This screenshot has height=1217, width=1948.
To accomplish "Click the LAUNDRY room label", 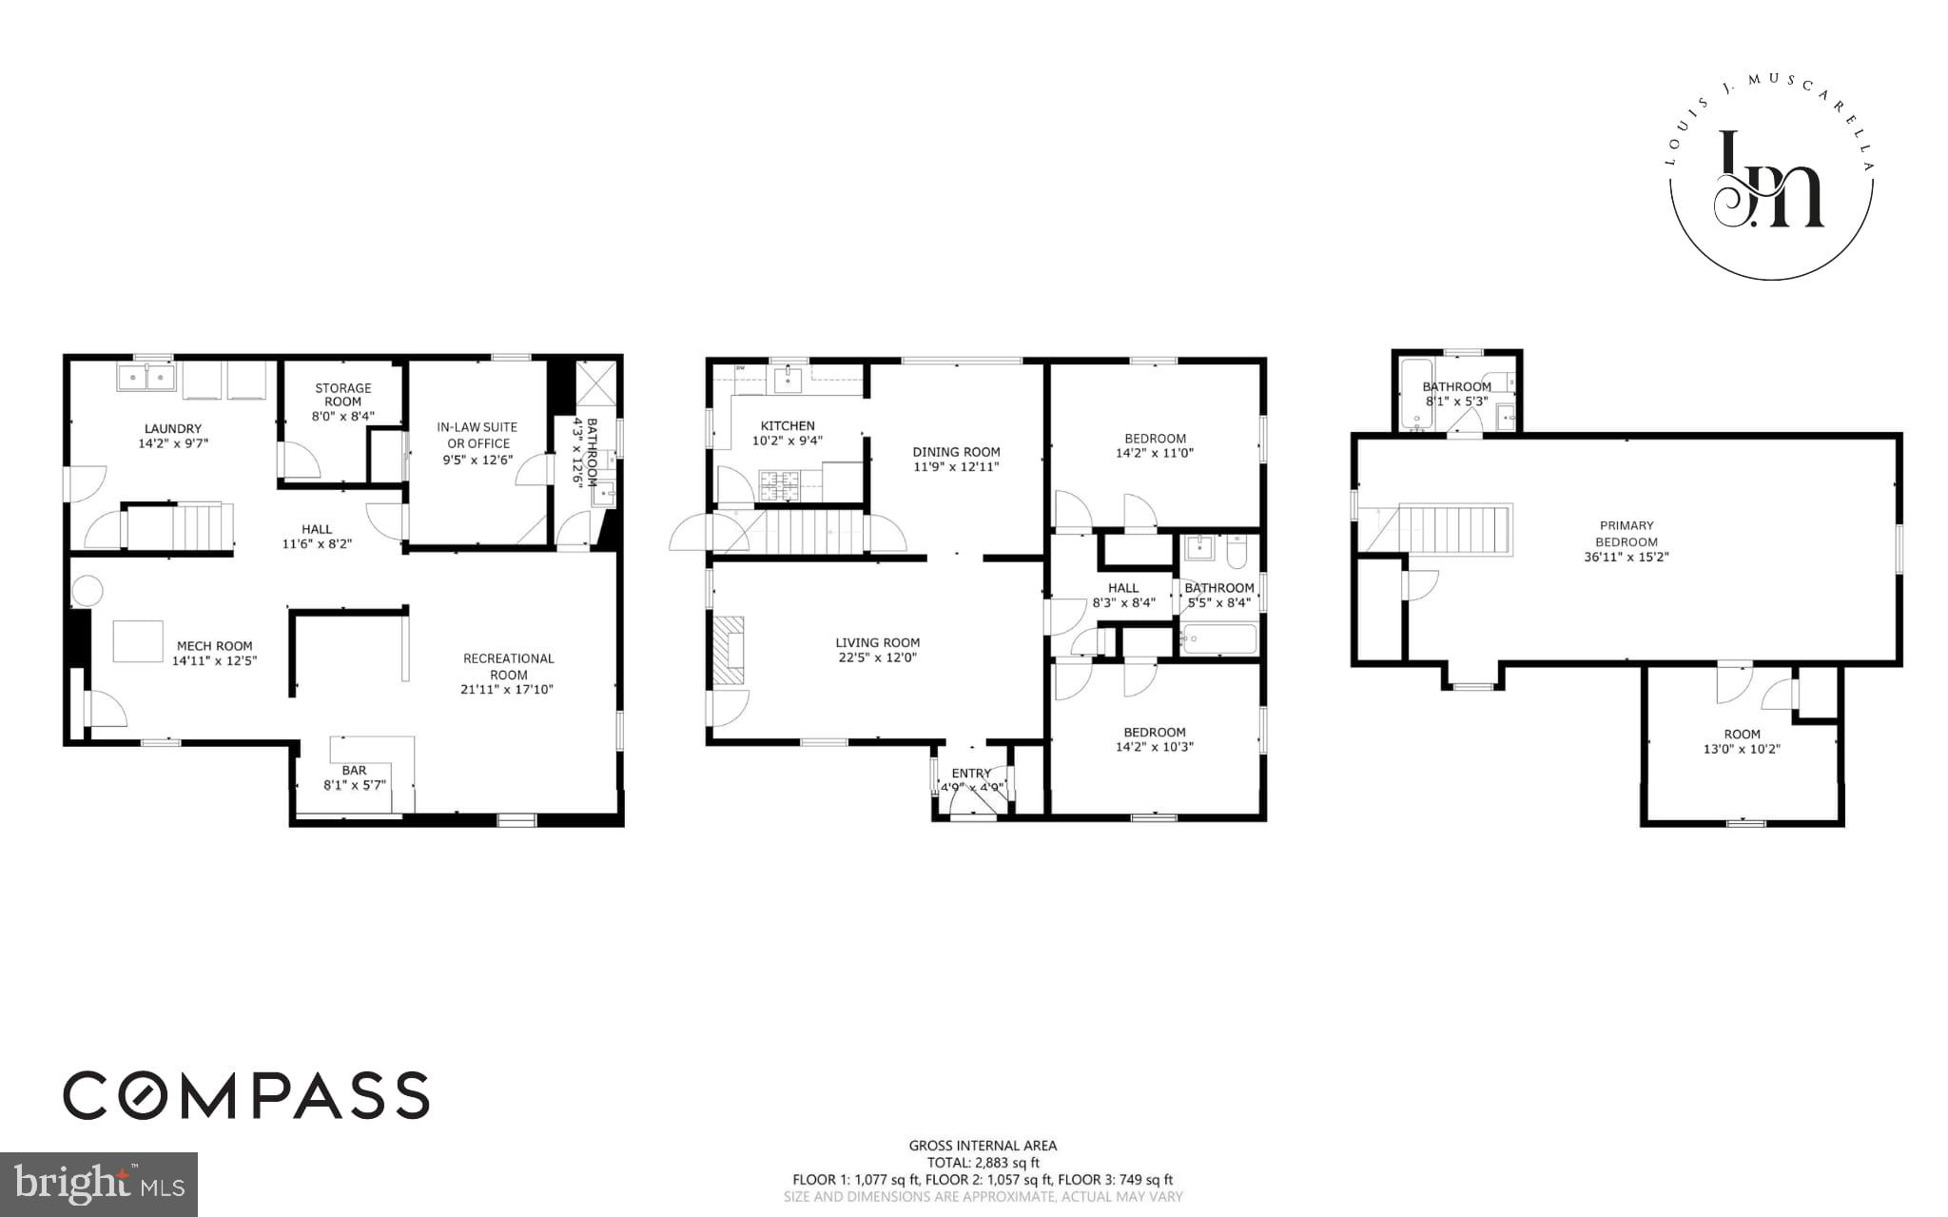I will (x=173, y=428).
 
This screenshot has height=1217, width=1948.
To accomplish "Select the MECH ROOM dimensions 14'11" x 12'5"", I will (x=215, y=660).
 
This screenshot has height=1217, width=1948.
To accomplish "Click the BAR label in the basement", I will (x=354, y=771).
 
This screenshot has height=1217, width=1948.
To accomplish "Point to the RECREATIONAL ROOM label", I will (x=508, y=666).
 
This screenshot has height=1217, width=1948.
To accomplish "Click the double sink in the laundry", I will (x=146, y=379).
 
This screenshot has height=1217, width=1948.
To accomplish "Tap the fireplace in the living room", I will (x=730, y=650).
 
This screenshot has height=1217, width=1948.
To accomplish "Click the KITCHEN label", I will (x=788, y=425).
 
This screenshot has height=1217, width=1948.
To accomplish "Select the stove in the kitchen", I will (x=781, y=485).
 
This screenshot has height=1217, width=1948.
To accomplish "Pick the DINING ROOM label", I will (x=956, y=452).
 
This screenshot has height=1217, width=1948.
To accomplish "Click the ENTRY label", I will (x=970, y=774).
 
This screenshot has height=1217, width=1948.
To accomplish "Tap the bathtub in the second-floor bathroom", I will (x=1218, y=638).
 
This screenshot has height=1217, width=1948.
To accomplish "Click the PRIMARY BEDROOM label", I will (x=1627, y=533).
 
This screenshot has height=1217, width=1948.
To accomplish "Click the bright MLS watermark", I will (x=99, y=1184).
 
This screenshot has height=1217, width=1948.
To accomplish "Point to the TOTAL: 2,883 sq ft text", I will (x=983, y=1163).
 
